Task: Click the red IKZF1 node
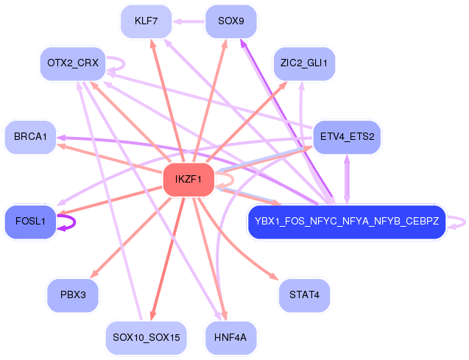pos(188,180)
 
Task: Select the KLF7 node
pos(147,21)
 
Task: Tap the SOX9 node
pos(231,21)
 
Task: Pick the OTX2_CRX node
pos(73,63)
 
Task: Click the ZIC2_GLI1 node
pos(304,63)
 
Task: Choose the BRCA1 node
pos(30,137)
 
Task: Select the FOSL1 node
pos(30,221)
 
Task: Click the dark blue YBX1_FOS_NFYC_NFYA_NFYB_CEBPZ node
pos(346,221)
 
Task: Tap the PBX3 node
pos(73,294)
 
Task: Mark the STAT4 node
pos(304,294)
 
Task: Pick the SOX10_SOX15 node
pos(147,337)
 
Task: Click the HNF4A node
pos(231,337)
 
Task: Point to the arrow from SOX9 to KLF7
pos(189,21)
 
